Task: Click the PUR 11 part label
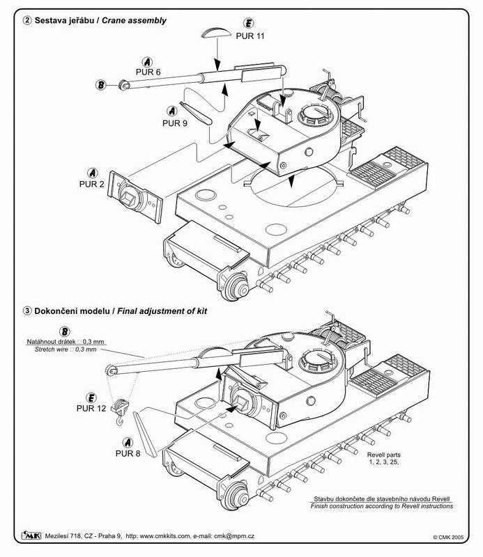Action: pos(250,36)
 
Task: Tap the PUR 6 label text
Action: pos(148,72)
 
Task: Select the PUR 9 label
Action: pos(175,123)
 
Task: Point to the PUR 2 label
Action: pos(92,184)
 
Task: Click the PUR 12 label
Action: pos(91,408)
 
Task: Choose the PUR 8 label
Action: pos(128,453)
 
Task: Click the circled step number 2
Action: pos(27,20)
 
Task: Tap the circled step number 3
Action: pos(27,311)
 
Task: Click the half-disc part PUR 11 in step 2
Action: pos(216,33)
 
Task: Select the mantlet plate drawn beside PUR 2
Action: pos(135,197)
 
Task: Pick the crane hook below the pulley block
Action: pos(120,421)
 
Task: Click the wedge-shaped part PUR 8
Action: pos(144,434)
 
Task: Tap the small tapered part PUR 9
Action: pos(196,113)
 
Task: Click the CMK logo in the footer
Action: pos(31,535)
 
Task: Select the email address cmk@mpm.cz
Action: pos(233,535)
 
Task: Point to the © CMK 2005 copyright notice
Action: pos(448,538)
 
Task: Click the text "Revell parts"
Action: pos(384,455)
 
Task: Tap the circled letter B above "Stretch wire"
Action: pos(64,331)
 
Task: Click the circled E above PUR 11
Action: pos(248,23)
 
